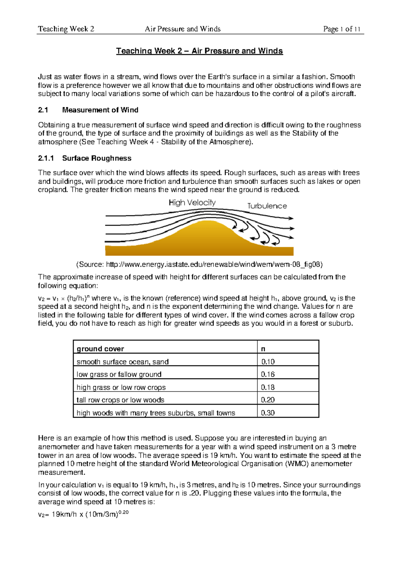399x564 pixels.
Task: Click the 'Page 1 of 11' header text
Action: click(341, 29)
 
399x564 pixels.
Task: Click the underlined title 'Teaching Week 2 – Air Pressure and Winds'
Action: click(199, 51)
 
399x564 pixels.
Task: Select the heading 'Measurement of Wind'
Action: click(100, 110)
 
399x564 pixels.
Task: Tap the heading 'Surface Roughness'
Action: click(97, 158)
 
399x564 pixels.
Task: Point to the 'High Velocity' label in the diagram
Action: click(192, 203)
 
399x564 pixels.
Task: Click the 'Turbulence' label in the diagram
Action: click(267, 206)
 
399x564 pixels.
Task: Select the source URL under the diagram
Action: click(199, 265)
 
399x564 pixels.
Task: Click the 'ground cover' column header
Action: click(100, 349)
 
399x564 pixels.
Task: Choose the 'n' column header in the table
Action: click(263, 349)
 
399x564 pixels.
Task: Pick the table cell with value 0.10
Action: click(268, 362)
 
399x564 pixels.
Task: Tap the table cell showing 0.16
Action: click(268, 374)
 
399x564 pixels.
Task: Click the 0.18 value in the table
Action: click(268, 387)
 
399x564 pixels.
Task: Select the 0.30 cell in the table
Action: click(268, 413)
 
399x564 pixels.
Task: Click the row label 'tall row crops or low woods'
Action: click(120, 400)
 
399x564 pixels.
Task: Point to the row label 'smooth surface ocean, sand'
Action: click(122, 362)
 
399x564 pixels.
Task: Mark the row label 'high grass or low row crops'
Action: click(121, 387)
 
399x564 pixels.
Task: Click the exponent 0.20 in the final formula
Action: click(123, 512)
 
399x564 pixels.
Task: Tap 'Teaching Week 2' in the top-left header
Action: click(66, 29)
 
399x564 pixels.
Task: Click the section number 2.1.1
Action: click(46, 158)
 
